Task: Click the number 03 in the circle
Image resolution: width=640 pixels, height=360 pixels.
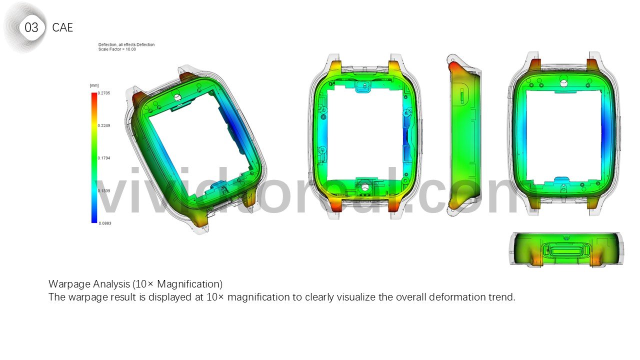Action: [31, 27]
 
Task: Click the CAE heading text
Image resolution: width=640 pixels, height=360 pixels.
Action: [62, 27]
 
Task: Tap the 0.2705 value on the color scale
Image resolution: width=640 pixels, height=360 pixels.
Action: [104, 93]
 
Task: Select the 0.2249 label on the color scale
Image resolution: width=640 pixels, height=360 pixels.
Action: [104, 125]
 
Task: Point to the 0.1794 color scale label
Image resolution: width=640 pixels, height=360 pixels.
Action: [104, 158]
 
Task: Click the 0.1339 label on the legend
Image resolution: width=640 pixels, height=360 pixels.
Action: [104, 191]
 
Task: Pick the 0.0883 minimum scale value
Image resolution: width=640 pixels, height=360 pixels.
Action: [105, 223]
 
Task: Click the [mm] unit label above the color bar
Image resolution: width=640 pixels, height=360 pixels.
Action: [94, 85]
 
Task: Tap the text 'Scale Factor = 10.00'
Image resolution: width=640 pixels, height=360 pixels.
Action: [117, 49]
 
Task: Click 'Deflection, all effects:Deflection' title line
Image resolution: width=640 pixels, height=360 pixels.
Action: [126, 44]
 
